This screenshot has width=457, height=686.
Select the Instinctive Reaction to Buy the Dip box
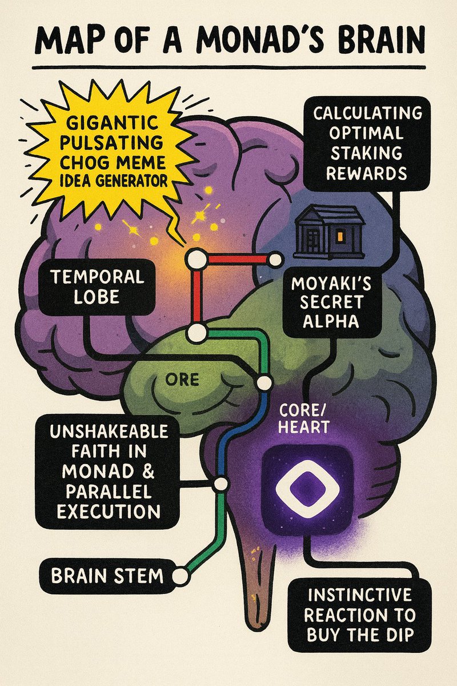tap(358, 614)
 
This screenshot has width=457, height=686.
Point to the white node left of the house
tap(276, 260)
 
